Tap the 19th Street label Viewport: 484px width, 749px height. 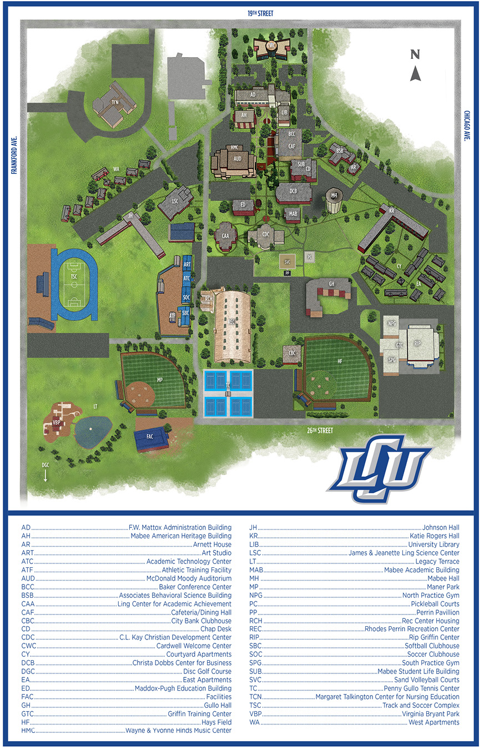pos(261,13)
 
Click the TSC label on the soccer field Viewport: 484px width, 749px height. pos(74,277)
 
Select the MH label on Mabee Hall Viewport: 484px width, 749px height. pos(334,196)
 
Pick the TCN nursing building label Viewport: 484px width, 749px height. pos(115,102)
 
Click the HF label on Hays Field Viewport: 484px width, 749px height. pos(340,361)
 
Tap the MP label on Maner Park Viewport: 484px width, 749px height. pos(160,380)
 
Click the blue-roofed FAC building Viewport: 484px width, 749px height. pos(151,438)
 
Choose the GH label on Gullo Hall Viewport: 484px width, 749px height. pos(331,284)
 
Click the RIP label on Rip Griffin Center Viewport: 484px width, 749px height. pos(417,343)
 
